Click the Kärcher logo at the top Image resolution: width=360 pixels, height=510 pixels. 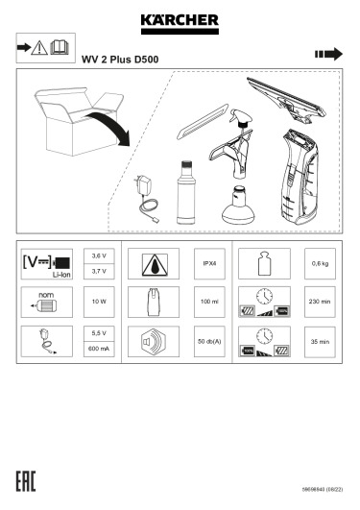tap(180, 24)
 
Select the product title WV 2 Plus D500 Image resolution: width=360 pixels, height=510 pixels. tap(120, 60)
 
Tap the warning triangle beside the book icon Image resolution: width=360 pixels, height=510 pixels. tap(39, 48)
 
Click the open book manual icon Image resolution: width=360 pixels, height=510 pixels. tap(60, 47)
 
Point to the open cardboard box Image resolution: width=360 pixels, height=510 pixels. tap(79, 121)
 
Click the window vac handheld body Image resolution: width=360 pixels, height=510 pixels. tap(300, 177)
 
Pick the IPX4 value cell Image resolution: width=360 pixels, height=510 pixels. tap(209, 263)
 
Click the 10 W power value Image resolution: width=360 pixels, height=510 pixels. tap(99, 302)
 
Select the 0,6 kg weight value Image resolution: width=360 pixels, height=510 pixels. tap(320, 263)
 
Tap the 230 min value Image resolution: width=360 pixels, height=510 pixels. tap(320, 302)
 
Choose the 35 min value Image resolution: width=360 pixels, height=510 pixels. tap(320, 342)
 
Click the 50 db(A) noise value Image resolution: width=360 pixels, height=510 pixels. tap(209, 342)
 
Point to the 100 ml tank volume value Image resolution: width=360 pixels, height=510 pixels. tap(209, 302)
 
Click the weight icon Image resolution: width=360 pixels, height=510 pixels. tap(264, 263)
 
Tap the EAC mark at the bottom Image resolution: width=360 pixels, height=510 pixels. tap(26, 481)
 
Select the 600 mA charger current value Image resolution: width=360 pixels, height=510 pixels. tap(99, 349)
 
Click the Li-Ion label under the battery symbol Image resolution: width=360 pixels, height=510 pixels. tap(61, 275)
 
